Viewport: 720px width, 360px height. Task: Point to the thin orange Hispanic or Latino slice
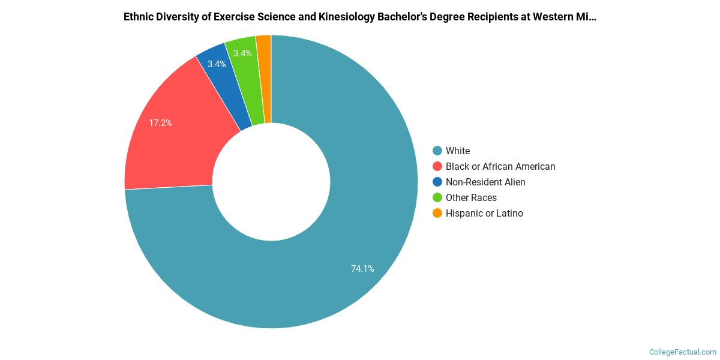264,78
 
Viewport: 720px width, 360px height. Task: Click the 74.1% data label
362,269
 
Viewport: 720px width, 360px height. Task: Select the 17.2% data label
160,123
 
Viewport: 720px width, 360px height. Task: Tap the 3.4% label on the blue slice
217,64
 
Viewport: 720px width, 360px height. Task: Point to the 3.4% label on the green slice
242,53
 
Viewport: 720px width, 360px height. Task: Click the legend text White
458,151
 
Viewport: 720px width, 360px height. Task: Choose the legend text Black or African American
500,167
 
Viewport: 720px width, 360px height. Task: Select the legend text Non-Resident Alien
485,182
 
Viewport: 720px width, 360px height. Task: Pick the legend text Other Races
471,198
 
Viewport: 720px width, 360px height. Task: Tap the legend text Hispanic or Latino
484,214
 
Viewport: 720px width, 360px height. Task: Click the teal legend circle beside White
437,151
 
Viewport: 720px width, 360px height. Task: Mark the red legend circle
437,167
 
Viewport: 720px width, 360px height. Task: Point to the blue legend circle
437,182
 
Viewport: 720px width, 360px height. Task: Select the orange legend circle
437,214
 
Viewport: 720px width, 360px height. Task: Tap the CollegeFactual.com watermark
683,352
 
